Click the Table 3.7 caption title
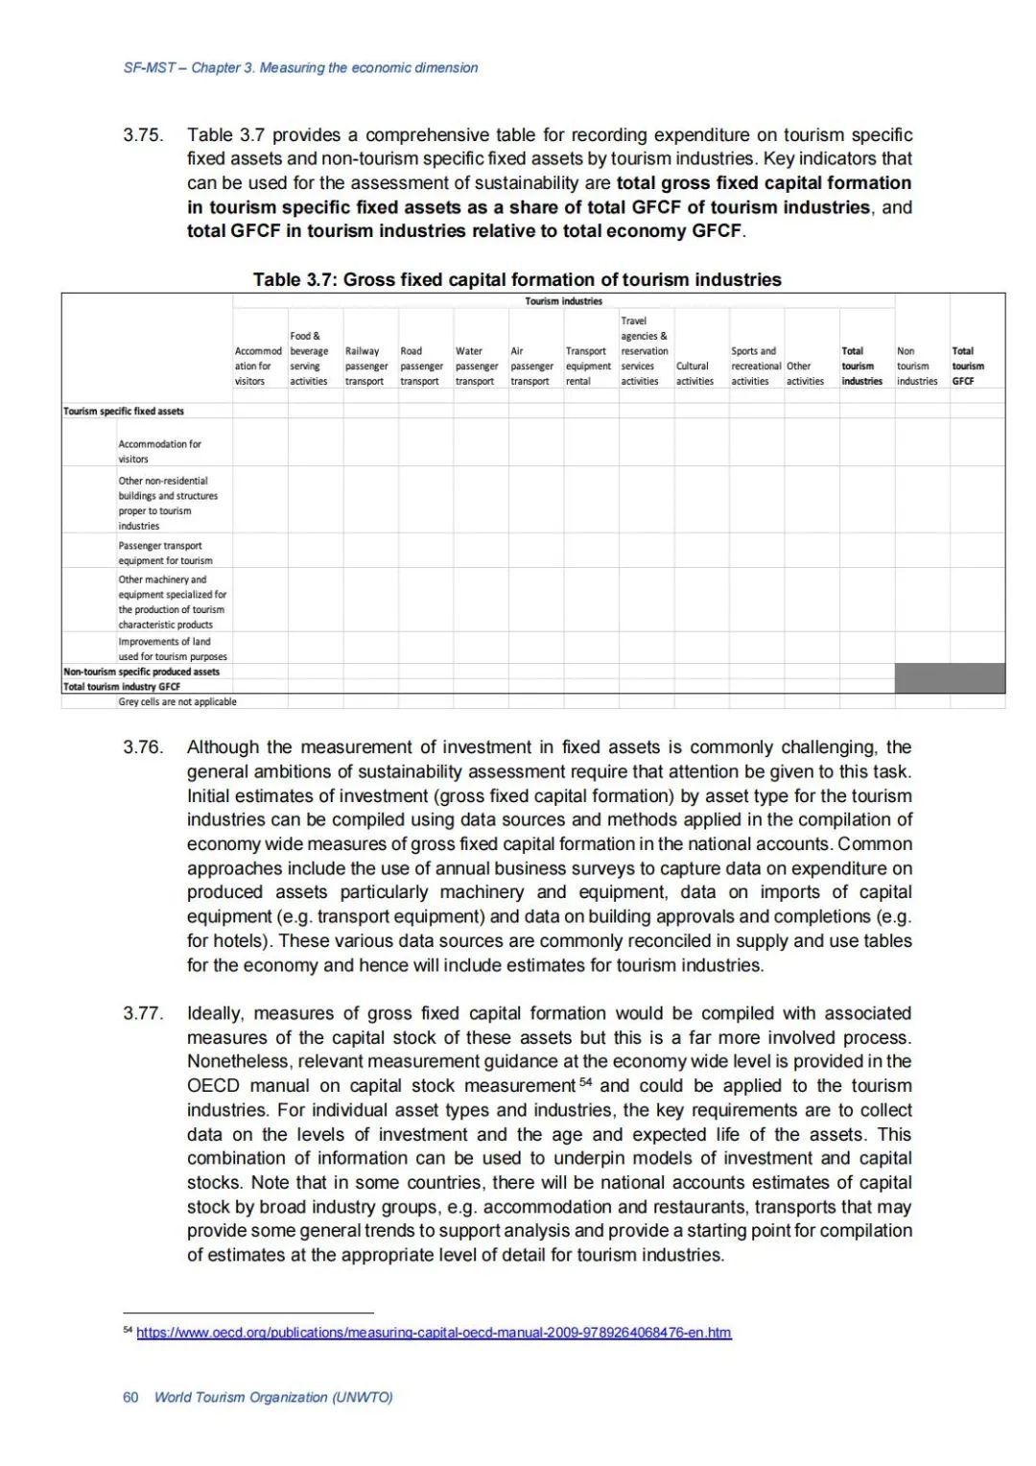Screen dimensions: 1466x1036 point(517,280)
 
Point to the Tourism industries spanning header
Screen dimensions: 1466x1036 point(563,301)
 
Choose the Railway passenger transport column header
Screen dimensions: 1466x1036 point(365,366)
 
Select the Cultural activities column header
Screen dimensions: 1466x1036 point(695,373)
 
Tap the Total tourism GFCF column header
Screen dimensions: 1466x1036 point(967,366)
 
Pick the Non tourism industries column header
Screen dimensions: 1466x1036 point(916,366)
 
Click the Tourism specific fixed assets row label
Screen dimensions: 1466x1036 point(124,411)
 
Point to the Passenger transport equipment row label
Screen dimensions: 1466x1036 point(165,553)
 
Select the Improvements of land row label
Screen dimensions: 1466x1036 point(173,649)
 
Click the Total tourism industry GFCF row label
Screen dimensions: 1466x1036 point(122,687)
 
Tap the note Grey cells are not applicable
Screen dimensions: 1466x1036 point(177,702)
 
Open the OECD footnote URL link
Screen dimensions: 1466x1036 point(434,1333)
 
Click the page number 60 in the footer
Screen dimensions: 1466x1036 point(130,1397)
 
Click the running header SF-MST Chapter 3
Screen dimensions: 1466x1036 point(300,68)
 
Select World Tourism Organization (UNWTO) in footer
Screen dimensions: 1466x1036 point(273,1397)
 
